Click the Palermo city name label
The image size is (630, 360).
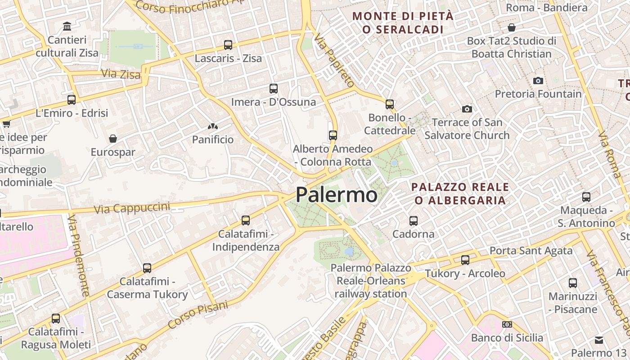[336, 195]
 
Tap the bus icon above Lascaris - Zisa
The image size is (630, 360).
[228, 45]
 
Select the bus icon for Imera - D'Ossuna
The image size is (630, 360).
[273, 88]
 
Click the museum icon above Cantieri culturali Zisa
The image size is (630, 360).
[67, 26]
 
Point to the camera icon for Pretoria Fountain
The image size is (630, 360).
[538, 81]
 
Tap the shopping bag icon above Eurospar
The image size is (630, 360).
[113, 138]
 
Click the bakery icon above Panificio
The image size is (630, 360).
[213, 126]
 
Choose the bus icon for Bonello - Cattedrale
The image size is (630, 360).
[389, 104]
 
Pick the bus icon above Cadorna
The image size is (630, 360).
[413, 220]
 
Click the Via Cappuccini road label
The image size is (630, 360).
[132, 208]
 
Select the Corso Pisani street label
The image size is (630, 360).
[198, 315]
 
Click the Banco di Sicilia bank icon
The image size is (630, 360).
[507, 324]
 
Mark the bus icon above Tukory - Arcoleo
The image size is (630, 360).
[465, 260]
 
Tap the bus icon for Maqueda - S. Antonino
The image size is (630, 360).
[586, 197]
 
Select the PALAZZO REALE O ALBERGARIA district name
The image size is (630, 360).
[460, 193]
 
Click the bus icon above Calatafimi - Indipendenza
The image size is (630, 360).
[245, 220]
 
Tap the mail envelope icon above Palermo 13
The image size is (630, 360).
[598, 340]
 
